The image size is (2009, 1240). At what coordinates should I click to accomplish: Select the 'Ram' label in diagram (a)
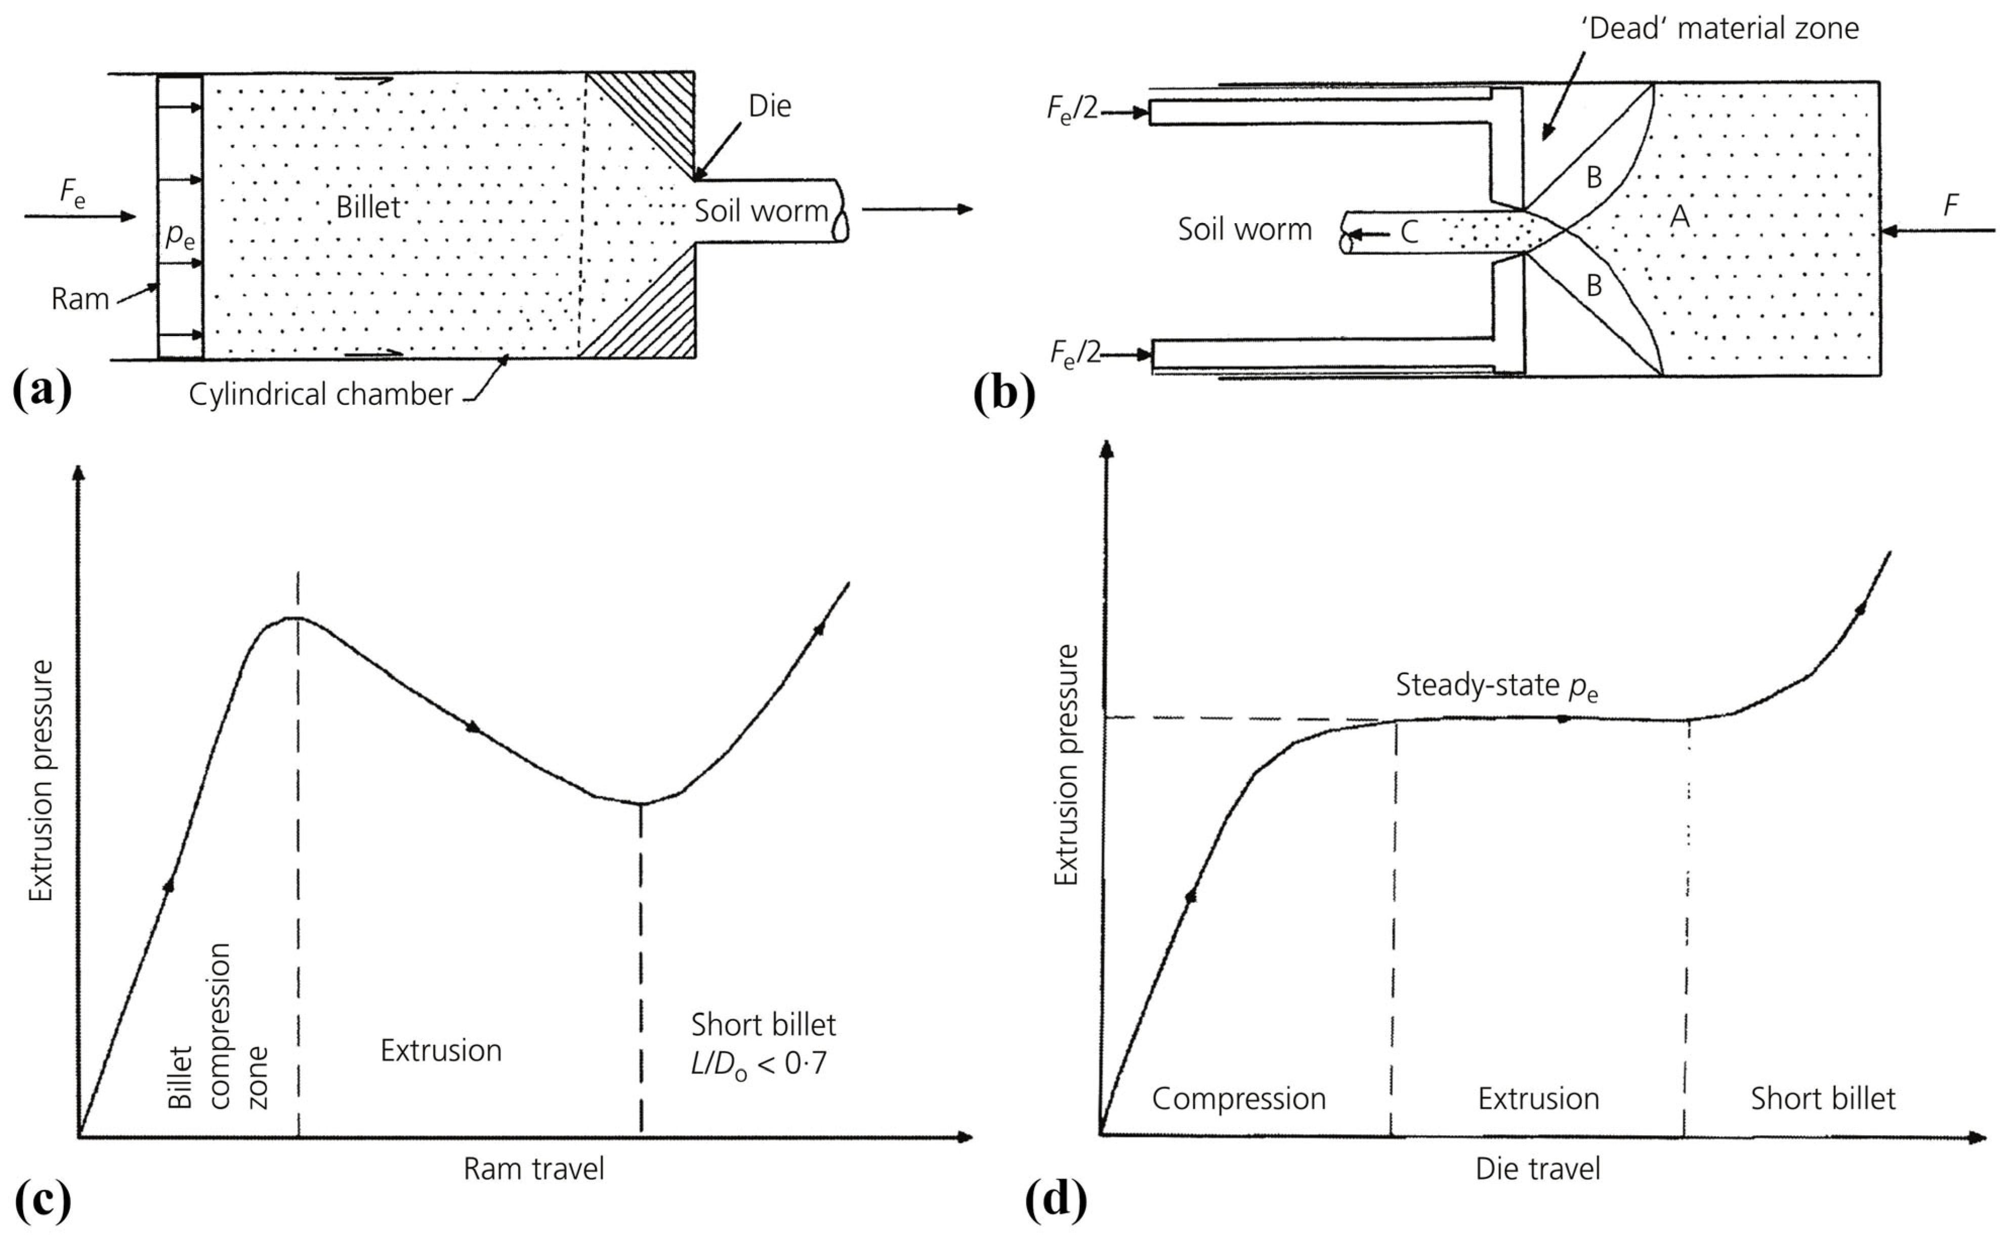point(79,299)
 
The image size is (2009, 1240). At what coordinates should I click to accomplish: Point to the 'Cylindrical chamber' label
point(321,394)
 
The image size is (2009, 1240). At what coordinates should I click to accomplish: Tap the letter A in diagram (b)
point(1680,217)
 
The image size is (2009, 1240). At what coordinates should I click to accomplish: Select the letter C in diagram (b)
point(1409,233)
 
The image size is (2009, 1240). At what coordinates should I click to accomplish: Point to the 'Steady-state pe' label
point(1496,686)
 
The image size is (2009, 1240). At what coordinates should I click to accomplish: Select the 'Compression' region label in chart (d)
point(1238,1099)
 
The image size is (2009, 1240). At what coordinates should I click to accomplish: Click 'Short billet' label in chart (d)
point(1822,1099)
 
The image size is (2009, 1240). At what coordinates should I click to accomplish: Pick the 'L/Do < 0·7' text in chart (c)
point(759,1064)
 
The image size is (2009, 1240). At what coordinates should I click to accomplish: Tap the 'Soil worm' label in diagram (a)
point(761,212)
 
